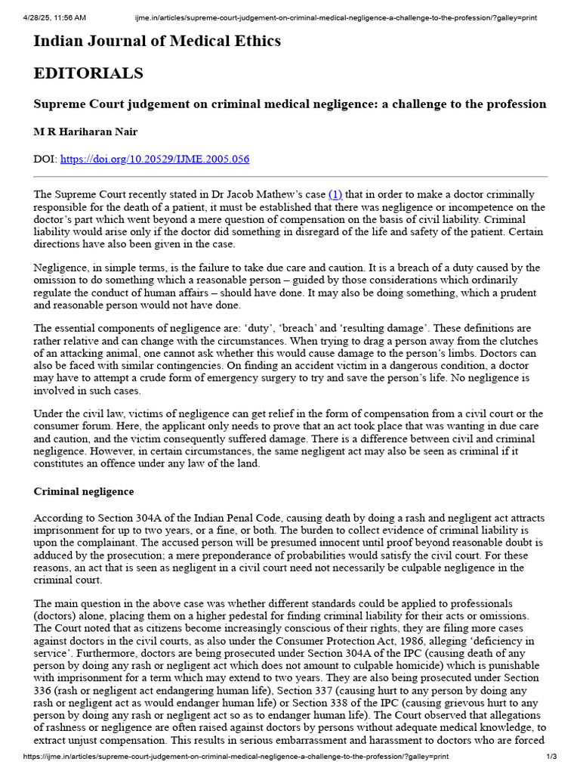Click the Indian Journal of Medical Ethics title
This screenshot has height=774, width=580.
[x=157, y=42]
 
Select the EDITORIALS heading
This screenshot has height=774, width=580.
[x=88, y=73]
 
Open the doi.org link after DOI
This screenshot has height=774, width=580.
[x=154, y=159]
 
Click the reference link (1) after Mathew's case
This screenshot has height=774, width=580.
[x=335, y=195]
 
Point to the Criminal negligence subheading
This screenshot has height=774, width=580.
[x=84, y=491]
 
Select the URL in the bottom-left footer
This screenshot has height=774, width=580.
[x=236, y=757]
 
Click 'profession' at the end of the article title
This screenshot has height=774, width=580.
[x=513, y=104]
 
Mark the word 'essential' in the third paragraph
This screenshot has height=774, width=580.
[x=78, y=329]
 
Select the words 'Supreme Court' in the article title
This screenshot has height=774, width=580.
[x=78, y=104]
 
